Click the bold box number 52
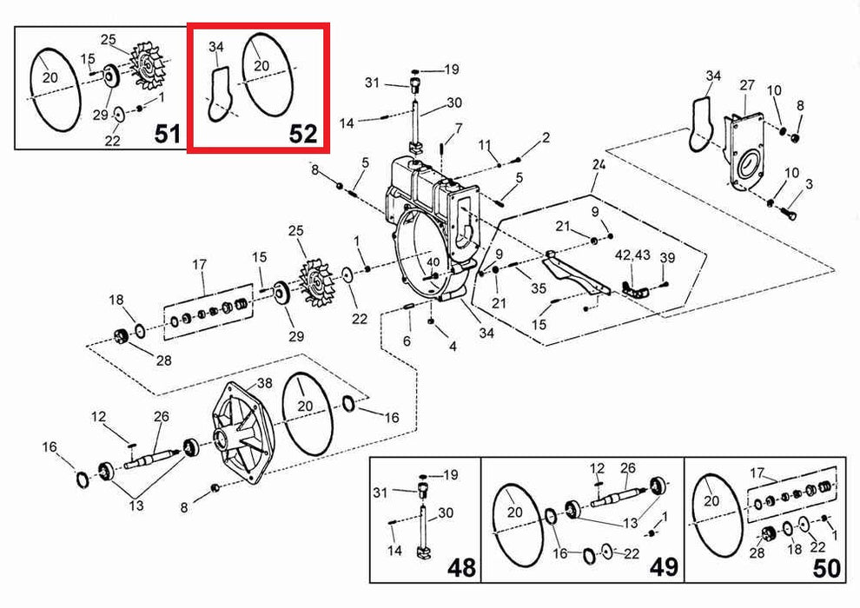[303, 134]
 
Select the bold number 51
[168, 133]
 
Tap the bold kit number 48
[461, 568]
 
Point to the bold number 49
[664, 568]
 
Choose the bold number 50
[826, 568]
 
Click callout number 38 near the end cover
[264, 383]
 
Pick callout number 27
[747, 85]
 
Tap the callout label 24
[599, 164]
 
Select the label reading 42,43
[632, 255]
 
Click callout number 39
[667, 258]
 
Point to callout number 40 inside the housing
[433, 262]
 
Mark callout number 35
[539, 287]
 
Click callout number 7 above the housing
[459, 129]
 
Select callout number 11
[485, 145]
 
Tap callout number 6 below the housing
[407, 341]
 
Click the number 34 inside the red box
[216, 47]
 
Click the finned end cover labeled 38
[241, 433]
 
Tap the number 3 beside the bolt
[809, 184]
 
